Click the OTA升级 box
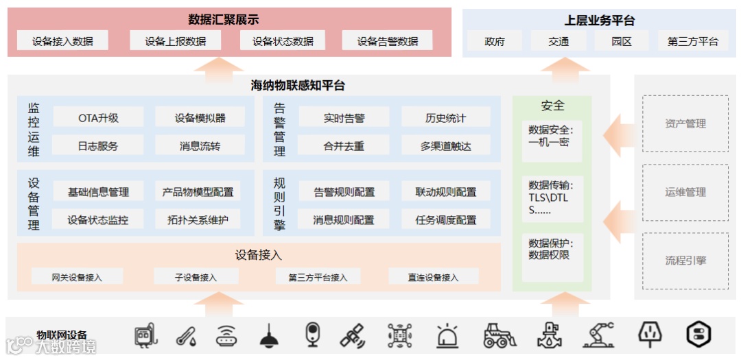click(98, 118)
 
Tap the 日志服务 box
click(98, 145)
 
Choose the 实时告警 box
click(344, 118)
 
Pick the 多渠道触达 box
click(445, 145)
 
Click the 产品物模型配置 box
click(198, 192)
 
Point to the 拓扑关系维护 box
click(198, 220)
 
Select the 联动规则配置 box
click(445, 192)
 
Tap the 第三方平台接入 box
click(318, 277)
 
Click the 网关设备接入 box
click(77, 277)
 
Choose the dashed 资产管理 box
click(685, 124)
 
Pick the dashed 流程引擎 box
click(685, 261)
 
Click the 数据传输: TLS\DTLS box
click(552, 197)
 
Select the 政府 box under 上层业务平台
click(494, 41)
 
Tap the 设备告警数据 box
click(387, 41)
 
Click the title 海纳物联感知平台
click(298, 86)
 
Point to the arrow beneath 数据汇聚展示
click(217, 65)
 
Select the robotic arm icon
click(598, 335)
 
